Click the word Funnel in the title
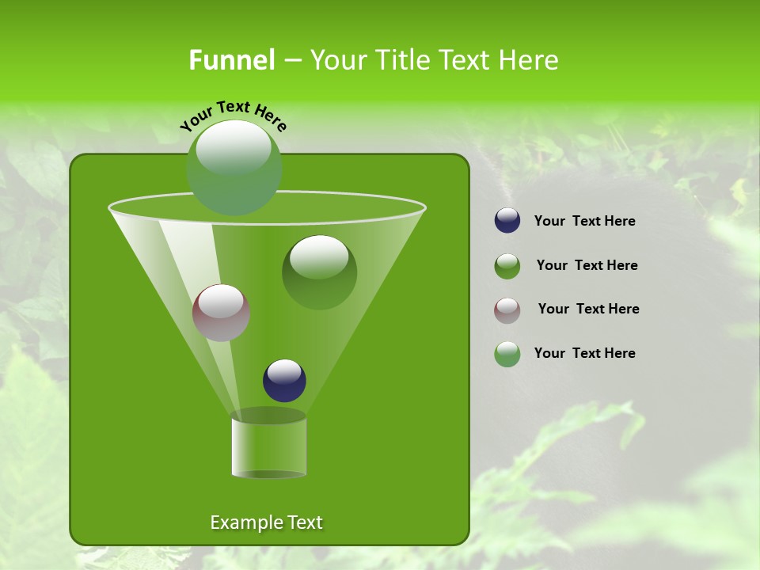tap(231, 60)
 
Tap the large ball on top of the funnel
tap(234, 168)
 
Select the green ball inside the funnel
tap(319, 272)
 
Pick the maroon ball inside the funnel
tap(221, 313)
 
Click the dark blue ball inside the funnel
tap(284, 380)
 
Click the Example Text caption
tap(266, 522)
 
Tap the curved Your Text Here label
tap(233, 116)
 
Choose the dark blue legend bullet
tap(507, 221)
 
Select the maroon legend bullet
tap(507, 310)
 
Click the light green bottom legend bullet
tap(507, 354)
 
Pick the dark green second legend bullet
tap(507, 266)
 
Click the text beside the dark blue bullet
tap(584, 221)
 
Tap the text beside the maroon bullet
tap(588, 309)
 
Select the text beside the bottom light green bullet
tap(584, 353)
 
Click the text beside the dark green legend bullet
tap(587, 265)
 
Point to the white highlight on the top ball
tap(234, 147)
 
